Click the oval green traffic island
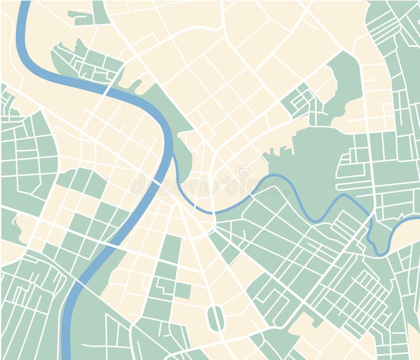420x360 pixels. [x=215, y=318]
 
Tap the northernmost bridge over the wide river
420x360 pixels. [x=107, y=91]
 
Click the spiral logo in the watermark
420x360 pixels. [x=243, y=172]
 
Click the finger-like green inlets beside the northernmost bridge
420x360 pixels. [x=131, y=84]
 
